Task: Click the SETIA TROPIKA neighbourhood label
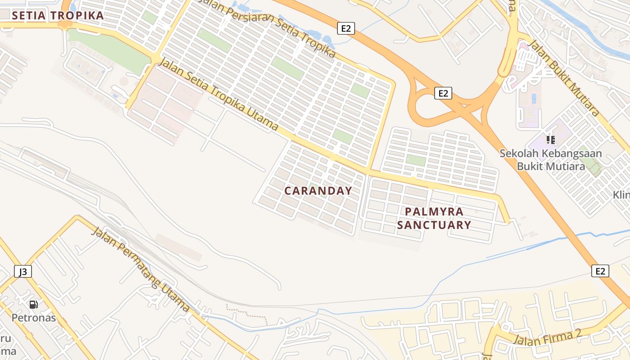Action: point(58,15)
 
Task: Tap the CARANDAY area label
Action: point(318,191)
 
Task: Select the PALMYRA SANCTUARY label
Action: point(434,218)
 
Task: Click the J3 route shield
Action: point(23,271)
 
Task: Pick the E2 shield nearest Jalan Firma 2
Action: point(600,271)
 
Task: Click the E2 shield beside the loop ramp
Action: point(443,93)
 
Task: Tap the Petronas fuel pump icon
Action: point(33,305)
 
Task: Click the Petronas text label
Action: point(33,318)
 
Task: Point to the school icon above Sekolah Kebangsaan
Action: point(551,140)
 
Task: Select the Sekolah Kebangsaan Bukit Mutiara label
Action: point(551,160)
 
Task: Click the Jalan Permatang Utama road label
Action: point(140,270)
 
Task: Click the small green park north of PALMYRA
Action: point(416,160)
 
